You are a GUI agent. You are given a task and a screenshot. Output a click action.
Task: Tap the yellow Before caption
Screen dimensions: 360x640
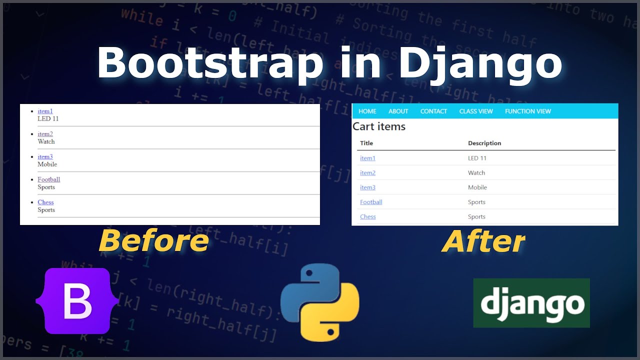tap(153, 241)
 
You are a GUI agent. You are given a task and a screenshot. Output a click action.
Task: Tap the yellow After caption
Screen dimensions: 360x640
tap(483, 242)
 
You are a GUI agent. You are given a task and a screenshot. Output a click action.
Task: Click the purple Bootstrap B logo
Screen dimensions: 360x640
tap(77, 301)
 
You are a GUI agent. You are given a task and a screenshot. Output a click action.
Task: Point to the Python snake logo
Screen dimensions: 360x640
tap(319, 302)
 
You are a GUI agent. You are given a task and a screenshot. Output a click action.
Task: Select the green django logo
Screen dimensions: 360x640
tap(531, 303)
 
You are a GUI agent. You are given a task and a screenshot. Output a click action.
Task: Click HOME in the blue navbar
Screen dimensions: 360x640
tap(367, 111)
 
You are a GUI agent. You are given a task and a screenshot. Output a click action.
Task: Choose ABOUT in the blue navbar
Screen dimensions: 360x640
tap(398, 111)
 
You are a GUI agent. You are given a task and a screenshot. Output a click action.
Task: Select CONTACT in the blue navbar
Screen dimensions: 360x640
tap(433, 111)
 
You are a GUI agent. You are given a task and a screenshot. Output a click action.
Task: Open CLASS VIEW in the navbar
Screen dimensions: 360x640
tap(476, 111)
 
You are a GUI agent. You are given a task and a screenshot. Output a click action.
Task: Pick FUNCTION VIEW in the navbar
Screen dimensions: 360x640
tap(528, 111)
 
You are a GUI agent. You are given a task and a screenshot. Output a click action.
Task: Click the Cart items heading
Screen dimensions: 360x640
tap(379, 126)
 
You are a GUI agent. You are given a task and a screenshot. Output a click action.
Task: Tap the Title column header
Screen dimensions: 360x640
tap(366, 143)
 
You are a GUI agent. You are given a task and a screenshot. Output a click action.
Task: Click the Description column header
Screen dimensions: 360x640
tap(484, 143)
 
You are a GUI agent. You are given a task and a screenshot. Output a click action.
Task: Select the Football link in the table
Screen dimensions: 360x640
tap(371, 202)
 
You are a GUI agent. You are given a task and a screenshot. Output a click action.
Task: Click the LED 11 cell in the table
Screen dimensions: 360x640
tap(477, 158)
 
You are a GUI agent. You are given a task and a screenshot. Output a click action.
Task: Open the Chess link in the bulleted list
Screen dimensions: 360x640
tap(45, 202)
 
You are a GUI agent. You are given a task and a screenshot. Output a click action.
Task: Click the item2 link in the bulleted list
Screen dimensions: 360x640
tap(45, 134)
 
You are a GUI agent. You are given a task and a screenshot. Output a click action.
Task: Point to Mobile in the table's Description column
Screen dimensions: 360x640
tap(477, 187)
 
